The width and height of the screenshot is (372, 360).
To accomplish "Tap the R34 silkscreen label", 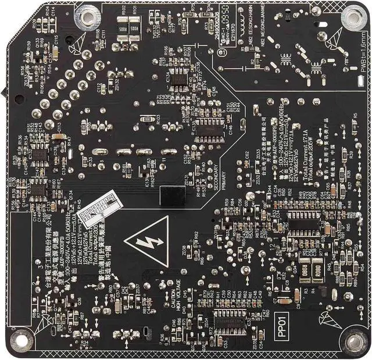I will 85,344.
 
